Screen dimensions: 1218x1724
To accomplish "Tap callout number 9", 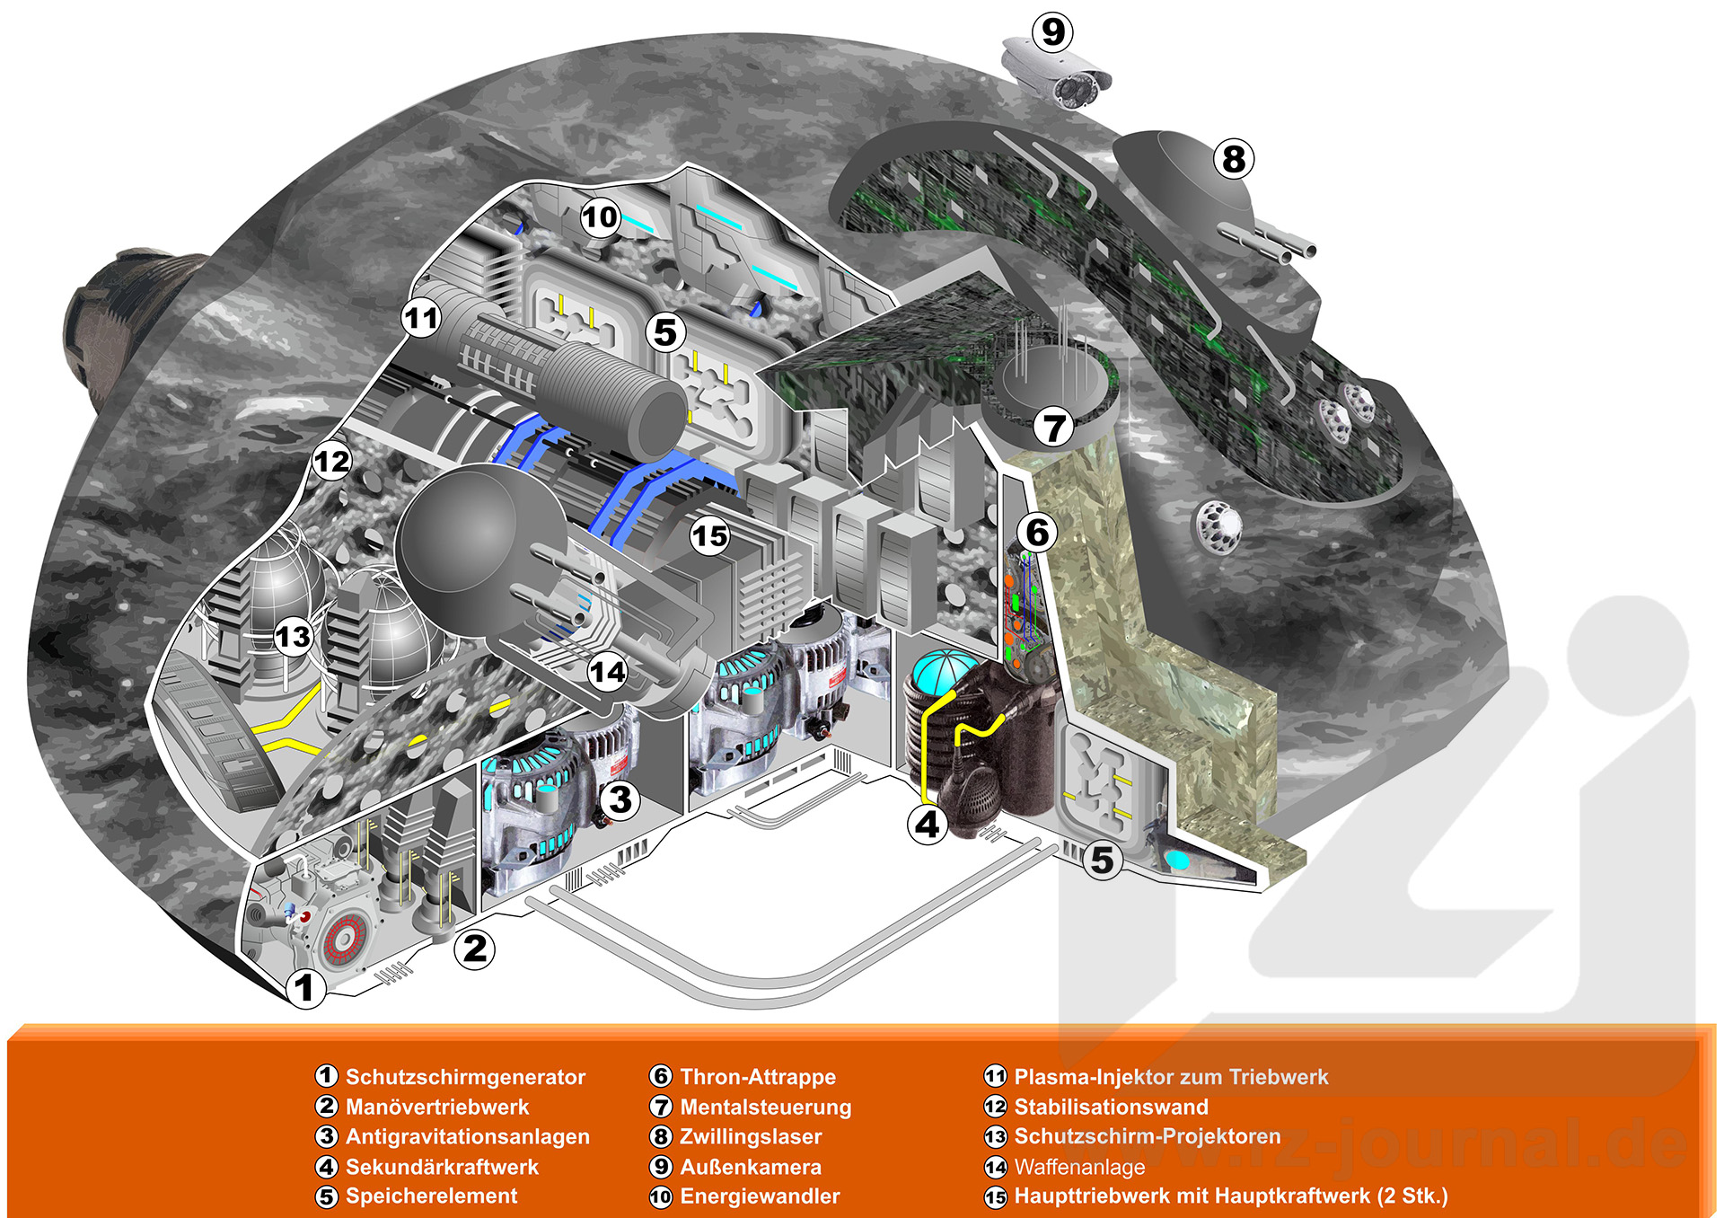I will pos(1053,32).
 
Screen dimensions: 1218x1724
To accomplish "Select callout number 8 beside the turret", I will pos(1234,160).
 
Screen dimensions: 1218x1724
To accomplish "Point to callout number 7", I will pos(1053,427).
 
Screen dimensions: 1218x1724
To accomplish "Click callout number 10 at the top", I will pos(600,216).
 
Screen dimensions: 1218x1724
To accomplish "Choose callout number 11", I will pos(421,318).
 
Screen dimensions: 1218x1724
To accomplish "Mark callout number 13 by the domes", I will pos(293,637).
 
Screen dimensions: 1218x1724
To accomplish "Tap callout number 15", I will pos(709,536).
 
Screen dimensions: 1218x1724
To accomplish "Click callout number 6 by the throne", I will pos(1037,533).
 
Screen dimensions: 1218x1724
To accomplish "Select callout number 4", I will pos(927,824).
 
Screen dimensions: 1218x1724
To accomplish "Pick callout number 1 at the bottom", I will pos(305,988).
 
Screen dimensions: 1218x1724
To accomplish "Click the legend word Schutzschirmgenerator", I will pos(465,1077).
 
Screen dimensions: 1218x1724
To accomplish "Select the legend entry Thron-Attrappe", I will pos(757,1077).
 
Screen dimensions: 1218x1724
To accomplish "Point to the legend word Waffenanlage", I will pos(1079,1167).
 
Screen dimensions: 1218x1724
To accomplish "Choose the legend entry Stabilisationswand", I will pos(1111,1107).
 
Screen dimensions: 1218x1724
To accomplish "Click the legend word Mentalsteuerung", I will pos(765,1107).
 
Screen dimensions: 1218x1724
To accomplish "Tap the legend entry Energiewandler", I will pos(760,1196).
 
